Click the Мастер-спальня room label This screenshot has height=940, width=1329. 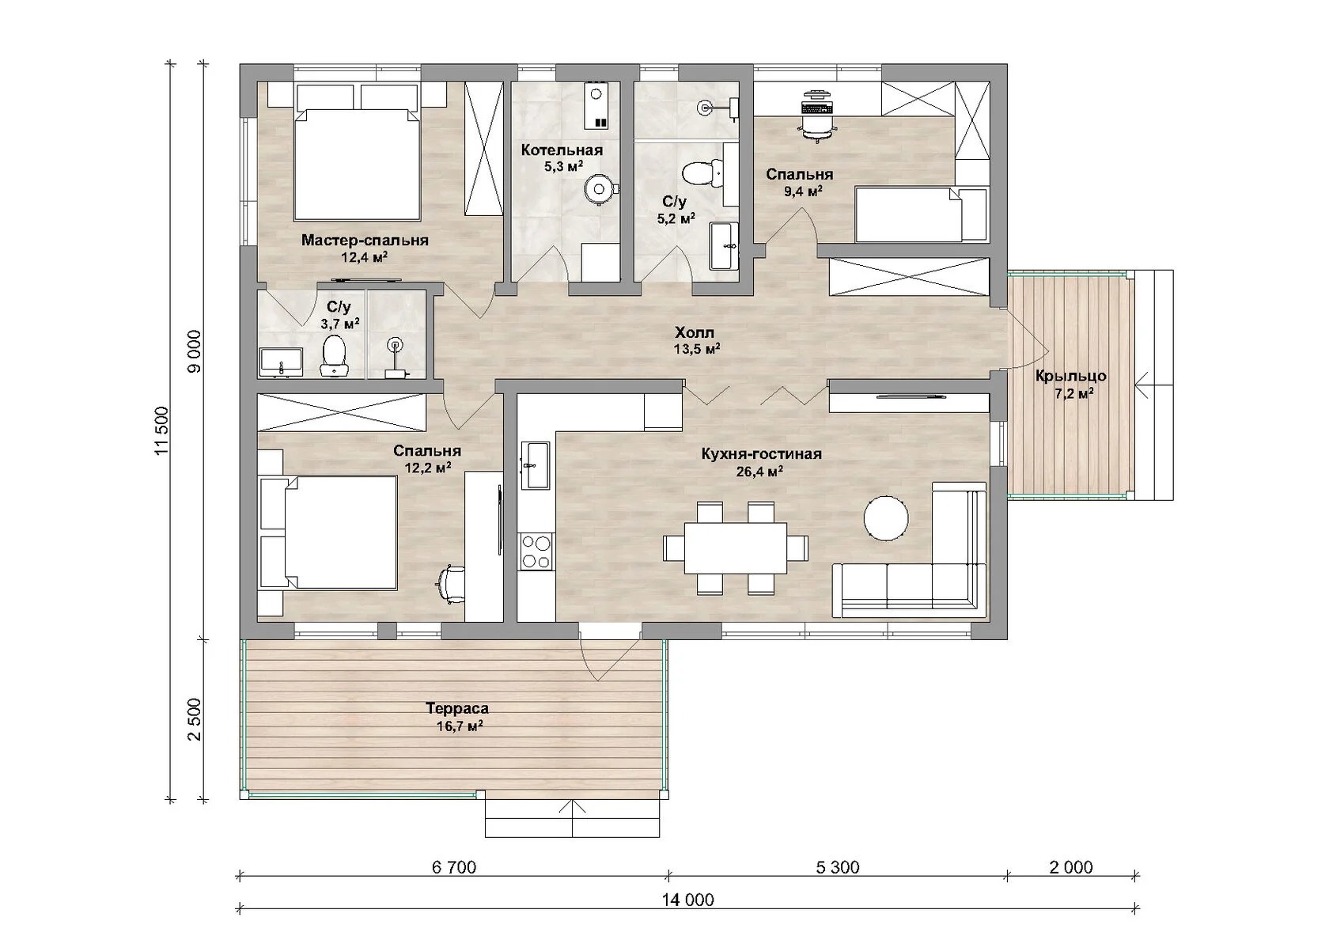(364, 241)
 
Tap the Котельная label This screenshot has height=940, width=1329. (562, 150)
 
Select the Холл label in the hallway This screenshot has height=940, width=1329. (695, 332)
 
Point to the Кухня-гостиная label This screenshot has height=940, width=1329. (761, 454)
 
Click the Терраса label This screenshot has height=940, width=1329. (457, 708)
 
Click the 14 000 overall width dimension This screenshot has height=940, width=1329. (688, 900)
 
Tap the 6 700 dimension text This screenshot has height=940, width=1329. (454, 867)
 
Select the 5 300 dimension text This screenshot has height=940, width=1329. (837, 867)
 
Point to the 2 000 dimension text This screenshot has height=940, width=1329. (1071, 867)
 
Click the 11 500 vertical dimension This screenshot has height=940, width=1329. (162, 431)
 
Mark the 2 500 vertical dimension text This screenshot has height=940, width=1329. (195, 719)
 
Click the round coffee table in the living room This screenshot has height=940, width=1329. (886, 518)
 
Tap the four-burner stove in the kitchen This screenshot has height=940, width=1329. (536, 551)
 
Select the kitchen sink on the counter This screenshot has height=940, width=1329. (535, 465)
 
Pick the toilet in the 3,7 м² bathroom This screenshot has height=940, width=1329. (334, 355)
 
